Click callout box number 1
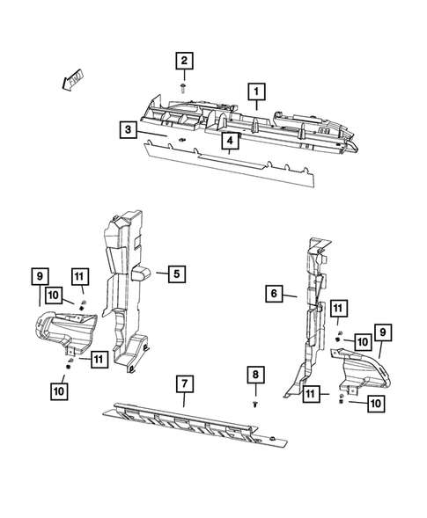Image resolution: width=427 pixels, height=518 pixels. [257, 91]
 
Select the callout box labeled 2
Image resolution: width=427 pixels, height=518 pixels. [183, 61]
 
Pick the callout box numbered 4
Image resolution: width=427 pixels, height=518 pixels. [228, 141]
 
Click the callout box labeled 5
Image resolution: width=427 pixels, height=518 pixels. [176, 274]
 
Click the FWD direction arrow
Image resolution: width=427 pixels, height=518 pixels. [66, 82]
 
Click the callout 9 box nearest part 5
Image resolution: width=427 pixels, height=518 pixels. [40, 275]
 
